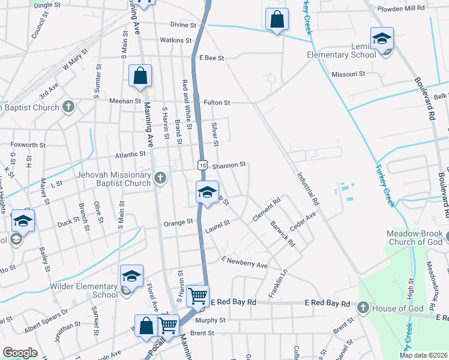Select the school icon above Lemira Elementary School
click(382, 40)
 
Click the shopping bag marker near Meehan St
click(140, 76)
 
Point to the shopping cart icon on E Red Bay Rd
click(197, 296)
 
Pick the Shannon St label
click(229, 164)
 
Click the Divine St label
click(183, 25)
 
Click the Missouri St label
click(349, 74)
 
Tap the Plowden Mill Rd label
click(402, 9)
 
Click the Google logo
click(20, 353)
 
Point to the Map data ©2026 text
click(423, 355)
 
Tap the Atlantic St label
click(126, 154)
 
